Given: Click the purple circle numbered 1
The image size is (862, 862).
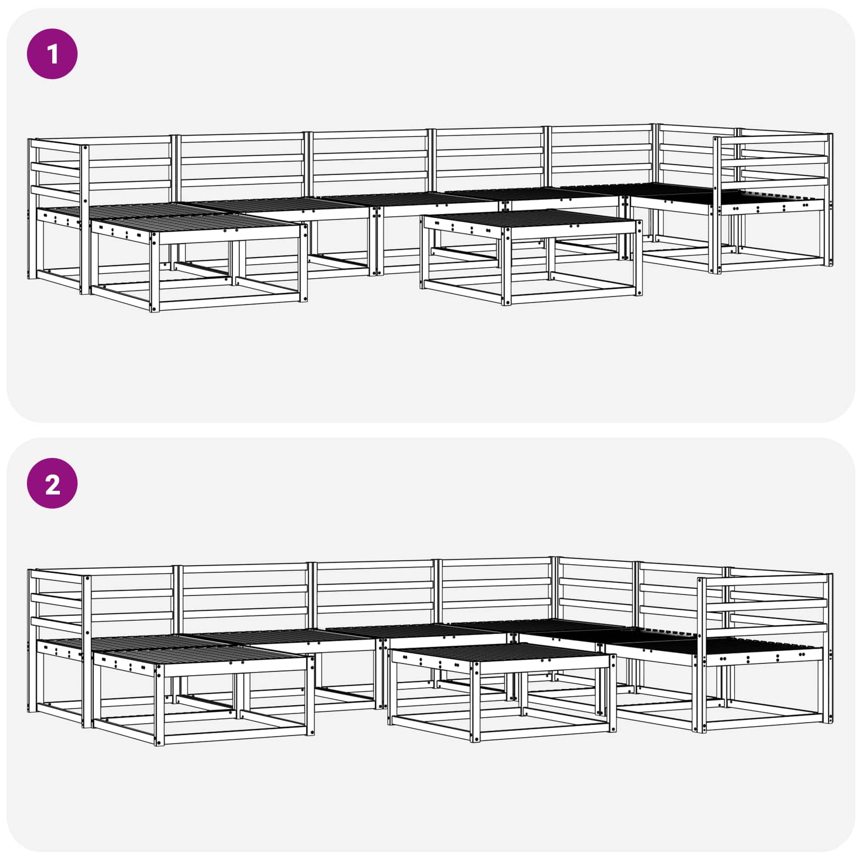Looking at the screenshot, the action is [x=52, y=54].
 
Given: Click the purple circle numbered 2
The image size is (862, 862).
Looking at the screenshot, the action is [x=52, y=484].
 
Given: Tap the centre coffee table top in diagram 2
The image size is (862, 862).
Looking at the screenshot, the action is [x=501, y=654].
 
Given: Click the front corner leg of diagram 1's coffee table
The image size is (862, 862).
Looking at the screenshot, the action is [x=506, y=266].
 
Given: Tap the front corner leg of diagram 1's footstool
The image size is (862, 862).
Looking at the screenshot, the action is [x=155, y=272].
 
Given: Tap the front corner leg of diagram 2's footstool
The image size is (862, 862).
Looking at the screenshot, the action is [x=159, y=706].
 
